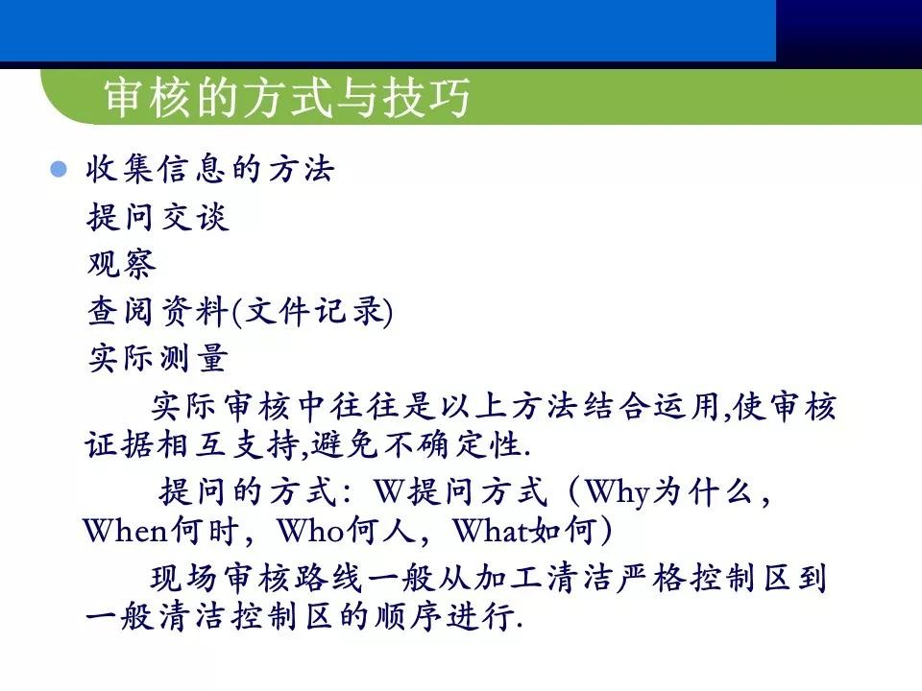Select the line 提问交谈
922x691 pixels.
tap(158, 218)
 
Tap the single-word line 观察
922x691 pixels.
tap(121, 264)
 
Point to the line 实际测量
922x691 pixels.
tap(158, 358)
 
